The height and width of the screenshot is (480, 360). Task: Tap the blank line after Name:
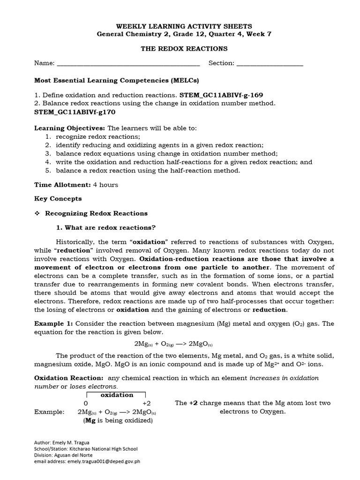point(128,64)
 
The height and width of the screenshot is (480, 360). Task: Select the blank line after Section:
point(270,64)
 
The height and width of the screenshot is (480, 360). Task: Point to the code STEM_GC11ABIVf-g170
point(75,112)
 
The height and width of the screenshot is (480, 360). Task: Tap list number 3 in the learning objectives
point(48,153)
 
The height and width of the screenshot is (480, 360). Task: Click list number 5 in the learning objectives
point(48,170)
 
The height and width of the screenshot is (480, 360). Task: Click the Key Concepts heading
point(58,199)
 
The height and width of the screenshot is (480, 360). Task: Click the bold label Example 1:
point(54,323)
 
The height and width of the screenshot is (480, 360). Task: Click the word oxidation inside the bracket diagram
point(117,395)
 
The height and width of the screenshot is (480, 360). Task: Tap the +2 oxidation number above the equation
point(146,403)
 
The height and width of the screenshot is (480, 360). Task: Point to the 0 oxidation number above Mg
point(86,403)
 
